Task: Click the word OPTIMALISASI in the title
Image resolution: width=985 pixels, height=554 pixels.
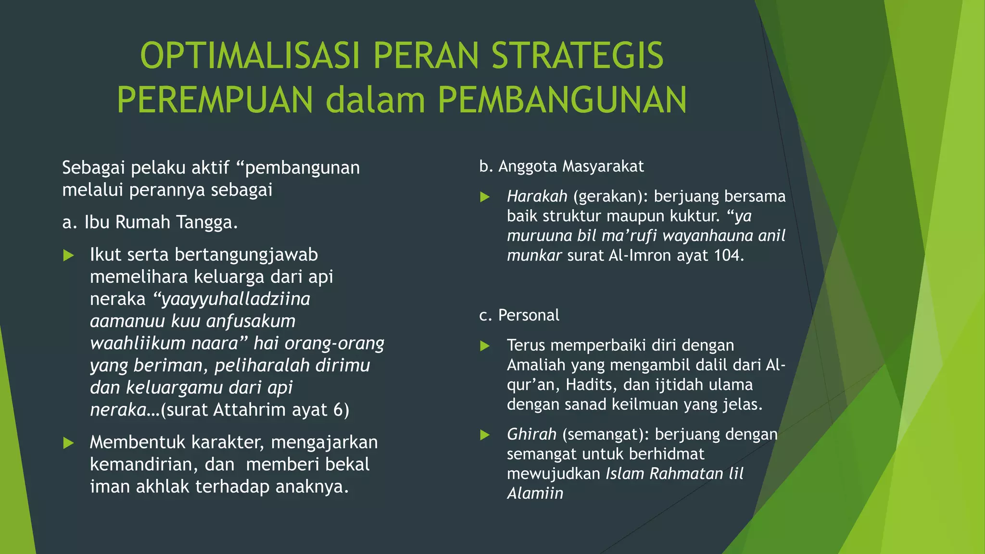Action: click(250, 56)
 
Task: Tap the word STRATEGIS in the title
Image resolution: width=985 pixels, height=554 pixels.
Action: click(578, 56)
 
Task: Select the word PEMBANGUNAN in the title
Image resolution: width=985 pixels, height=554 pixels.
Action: click(562, 100)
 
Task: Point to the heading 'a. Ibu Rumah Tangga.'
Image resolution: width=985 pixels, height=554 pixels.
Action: click(150, 222)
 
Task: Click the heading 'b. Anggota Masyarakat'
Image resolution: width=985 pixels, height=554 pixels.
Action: click(561, 166)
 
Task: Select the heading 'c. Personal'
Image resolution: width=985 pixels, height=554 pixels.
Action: click(519, 315)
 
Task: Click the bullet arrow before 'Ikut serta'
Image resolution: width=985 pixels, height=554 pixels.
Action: click(69, 255)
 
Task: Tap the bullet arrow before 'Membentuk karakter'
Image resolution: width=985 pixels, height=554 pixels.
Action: click(69, 443)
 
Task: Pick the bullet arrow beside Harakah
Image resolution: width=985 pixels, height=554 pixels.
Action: click(485, 197)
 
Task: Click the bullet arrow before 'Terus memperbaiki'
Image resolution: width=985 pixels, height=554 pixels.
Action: click(485, 346)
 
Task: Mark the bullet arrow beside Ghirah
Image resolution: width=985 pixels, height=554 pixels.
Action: click(485, 435)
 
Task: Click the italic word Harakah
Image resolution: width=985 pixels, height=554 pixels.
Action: click(537, 196)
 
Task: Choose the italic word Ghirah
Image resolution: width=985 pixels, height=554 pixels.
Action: click(531, 434)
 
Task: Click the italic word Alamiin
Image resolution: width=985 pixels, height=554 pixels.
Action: click(535, 493)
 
